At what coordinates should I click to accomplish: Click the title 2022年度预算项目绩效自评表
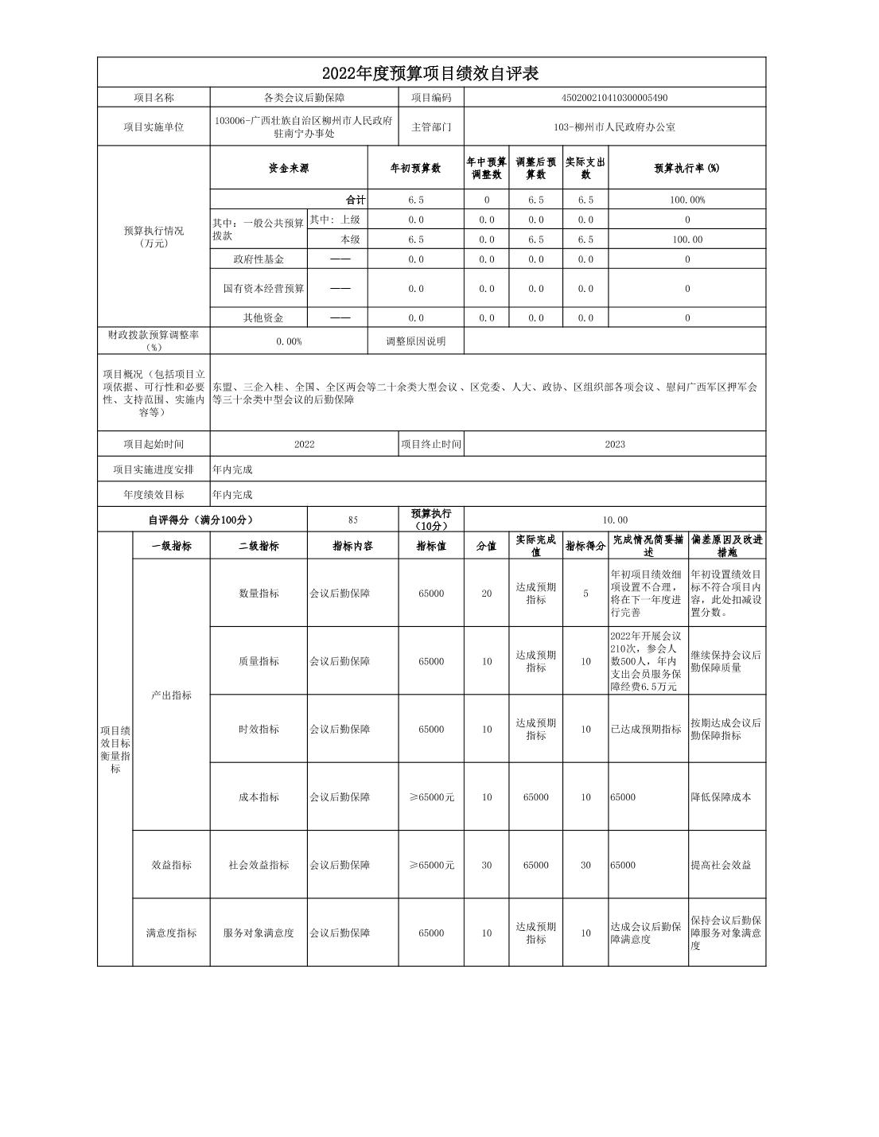pos(430,73)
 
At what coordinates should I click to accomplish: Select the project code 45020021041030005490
pos(614,98)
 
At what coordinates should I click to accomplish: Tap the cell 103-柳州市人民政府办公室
pos(614,127)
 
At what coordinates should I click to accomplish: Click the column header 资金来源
pos(289,169)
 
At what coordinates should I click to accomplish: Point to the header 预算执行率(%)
pos(686,169)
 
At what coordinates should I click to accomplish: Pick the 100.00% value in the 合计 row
pos(686,201)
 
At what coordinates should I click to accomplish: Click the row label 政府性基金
pos(259,259)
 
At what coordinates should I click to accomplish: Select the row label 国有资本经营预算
pos(263,289)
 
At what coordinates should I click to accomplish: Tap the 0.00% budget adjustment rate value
pos(289,341)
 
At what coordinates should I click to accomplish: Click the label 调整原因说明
pos(415,341)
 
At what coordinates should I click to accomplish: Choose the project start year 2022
pos(304,444)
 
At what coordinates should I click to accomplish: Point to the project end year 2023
pos(614,444)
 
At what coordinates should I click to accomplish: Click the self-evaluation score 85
pos(352,520)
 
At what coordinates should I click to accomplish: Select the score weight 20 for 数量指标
pos(486,594)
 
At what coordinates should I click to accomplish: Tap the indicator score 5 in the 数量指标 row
pos(585,594)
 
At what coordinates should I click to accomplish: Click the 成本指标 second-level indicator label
pos(259,797)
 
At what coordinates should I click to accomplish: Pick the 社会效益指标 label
pos(259,865)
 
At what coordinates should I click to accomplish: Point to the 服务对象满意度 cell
pos(259,933)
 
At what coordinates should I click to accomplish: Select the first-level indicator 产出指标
pos(171,695)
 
